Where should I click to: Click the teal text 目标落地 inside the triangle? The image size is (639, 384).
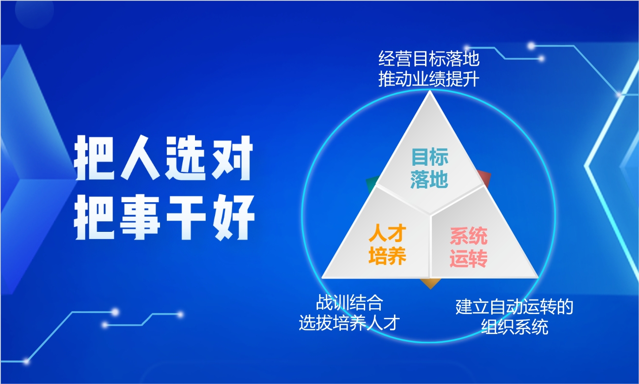coord(429,168)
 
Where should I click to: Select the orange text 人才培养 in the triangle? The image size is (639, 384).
coord(388,244)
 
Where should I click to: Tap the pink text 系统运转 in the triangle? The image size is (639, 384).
coord(469,247)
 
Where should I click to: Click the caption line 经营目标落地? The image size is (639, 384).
coord(429,58)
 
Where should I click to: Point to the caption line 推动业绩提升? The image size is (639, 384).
coord(429,79)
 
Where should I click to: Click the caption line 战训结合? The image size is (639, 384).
coord(350,302)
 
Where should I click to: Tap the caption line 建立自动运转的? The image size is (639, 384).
coord(515,307)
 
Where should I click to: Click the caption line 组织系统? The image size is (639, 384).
coord(515,327)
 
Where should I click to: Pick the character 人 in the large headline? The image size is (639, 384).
coord(141,157)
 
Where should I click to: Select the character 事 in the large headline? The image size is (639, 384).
coord(140,217)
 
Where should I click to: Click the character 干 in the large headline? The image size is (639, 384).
coord(186,217)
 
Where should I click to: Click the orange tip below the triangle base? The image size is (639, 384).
coord(430,284)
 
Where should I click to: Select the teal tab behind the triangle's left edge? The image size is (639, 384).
coord(372,184)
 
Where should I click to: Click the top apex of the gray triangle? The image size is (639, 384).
coord(429,91)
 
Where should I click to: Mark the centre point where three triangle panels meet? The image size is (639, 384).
coord(430,214)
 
